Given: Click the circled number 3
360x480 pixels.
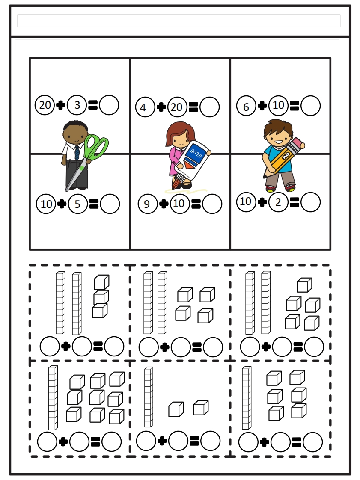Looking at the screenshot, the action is [x=77, y=105].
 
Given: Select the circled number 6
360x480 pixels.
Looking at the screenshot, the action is [x=246, y=107].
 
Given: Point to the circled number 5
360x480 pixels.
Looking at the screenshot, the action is [x=77, y=204].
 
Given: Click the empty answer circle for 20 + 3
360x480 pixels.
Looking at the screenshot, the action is [x=109, y=105].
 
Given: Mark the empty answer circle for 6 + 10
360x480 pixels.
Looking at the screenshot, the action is [x=310, y=106].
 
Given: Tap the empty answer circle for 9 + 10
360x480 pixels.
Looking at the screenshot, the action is [x=212, y=204].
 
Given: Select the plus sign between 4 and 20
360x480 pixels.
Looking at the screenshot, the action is [x=161, y=107].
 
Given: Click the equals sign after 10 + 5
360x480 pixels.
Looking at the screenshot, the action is [x=93, y=204].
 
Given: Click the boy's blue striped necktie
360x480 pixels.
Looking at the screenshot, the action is [x=77, y=152].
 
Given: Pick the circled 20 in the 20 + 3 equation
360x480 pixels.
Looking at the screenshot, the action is [x=45, y=105].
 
